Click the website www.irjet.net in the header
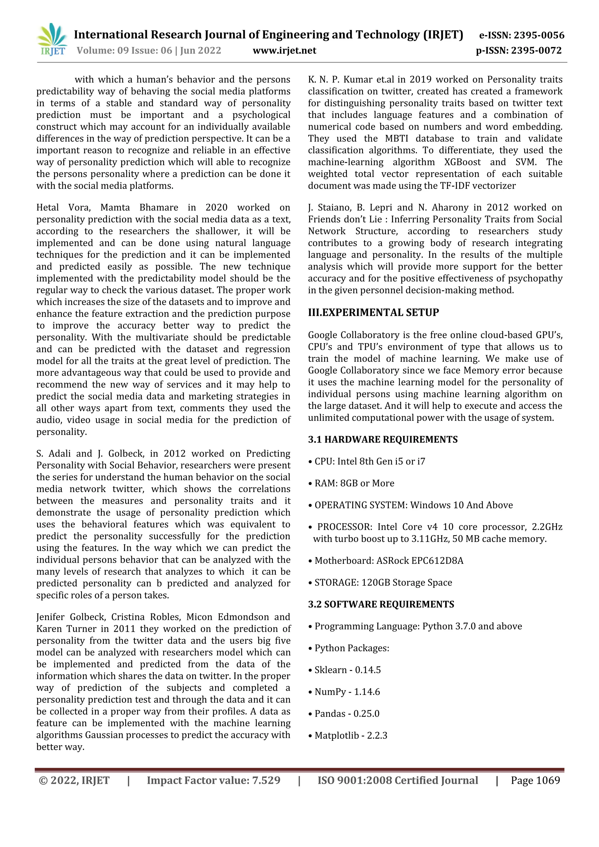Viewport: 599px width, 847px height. pos(284,51)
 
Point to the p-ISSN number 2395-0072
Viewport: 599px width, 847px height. pos(536,51)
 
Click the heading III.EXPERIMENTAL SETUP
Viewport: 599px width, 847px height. pos(373,312)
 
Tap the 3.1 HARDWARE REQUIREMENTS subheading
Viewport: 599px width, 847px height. pos(383,439)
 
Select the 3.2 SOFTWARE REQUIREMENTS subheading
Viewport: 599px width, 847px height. pos(381,604)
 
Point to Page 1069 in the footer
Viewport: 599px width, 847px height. pos(535,780)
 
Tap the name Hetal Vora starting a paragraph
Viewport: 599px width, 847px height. pos(63,208)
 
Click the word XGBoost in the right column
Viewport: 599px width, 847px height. pos(462,162)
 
